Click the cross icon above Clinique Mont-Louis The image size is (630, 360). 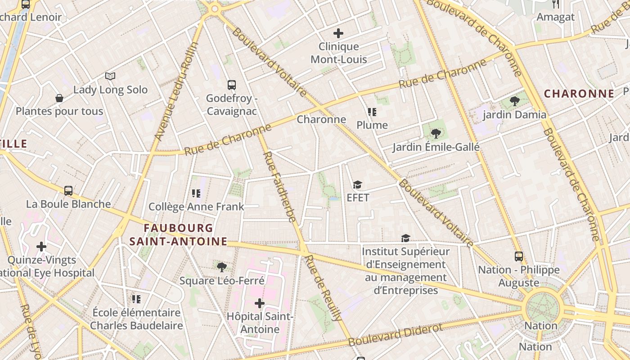338,33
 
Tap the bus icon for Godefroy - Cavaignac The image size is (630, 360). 232,85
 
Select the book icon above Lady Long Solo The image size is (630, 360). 110,76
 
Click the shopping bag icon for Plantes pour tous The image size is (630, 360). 59,98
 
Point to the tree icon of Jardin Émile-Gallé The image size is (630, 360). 435,133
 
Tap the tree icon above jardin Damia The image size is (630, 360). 514,101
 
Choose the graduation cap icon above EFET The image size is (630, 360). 357,184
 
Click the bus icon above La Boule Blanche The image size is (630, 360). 68,190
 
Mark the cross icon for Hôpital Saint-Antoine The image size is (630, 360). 260,303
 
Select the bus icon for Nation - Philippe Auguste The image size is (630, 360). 519,256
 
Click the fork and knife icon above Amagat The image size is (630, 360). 556,4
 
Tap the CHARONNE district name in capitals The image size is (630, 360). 579,94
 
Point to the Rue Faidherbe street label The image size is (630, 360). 279,187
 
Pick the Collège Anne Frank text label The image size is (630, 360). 196,207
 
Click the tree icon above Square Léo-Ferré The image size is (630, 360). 221,267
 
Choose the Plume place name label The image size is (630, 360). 372,125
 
